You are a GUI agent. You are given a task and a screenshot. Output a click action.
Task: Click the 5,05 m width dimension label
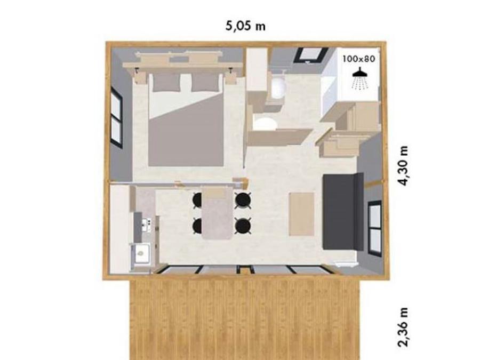point(245,26)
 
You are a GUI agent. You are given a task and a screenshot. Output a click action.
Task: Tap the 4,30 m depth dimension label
point(404,166)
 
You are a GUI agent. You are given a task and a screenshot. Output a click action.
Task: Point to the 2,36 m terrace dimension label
point(404,327)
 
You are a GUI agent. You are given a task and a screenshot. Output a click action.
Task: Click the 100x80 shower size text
point(359,59)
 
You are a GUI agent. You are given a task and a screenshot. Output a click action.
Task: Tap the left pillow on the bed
point(166,82)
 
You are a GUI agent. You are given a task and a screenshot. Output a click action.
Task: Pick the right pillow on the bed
point(205,82)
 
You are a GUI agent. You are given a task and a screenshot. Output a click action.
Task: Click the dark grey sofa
point(343,211)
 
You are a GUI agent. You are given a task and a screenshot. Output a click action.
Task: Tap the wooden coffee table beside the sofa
point(301,214)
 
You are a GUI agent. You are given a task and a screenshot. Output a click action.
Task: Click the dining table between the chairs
point(217,214)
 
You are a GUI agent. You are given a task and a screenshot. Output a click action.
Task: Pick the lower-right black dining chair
point(243,226)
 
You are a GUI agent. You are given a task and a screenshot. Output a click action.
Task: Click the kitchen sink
point(141,253)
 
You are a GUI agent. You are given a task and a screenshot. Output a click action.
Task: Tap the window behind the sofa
point(375,227)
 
